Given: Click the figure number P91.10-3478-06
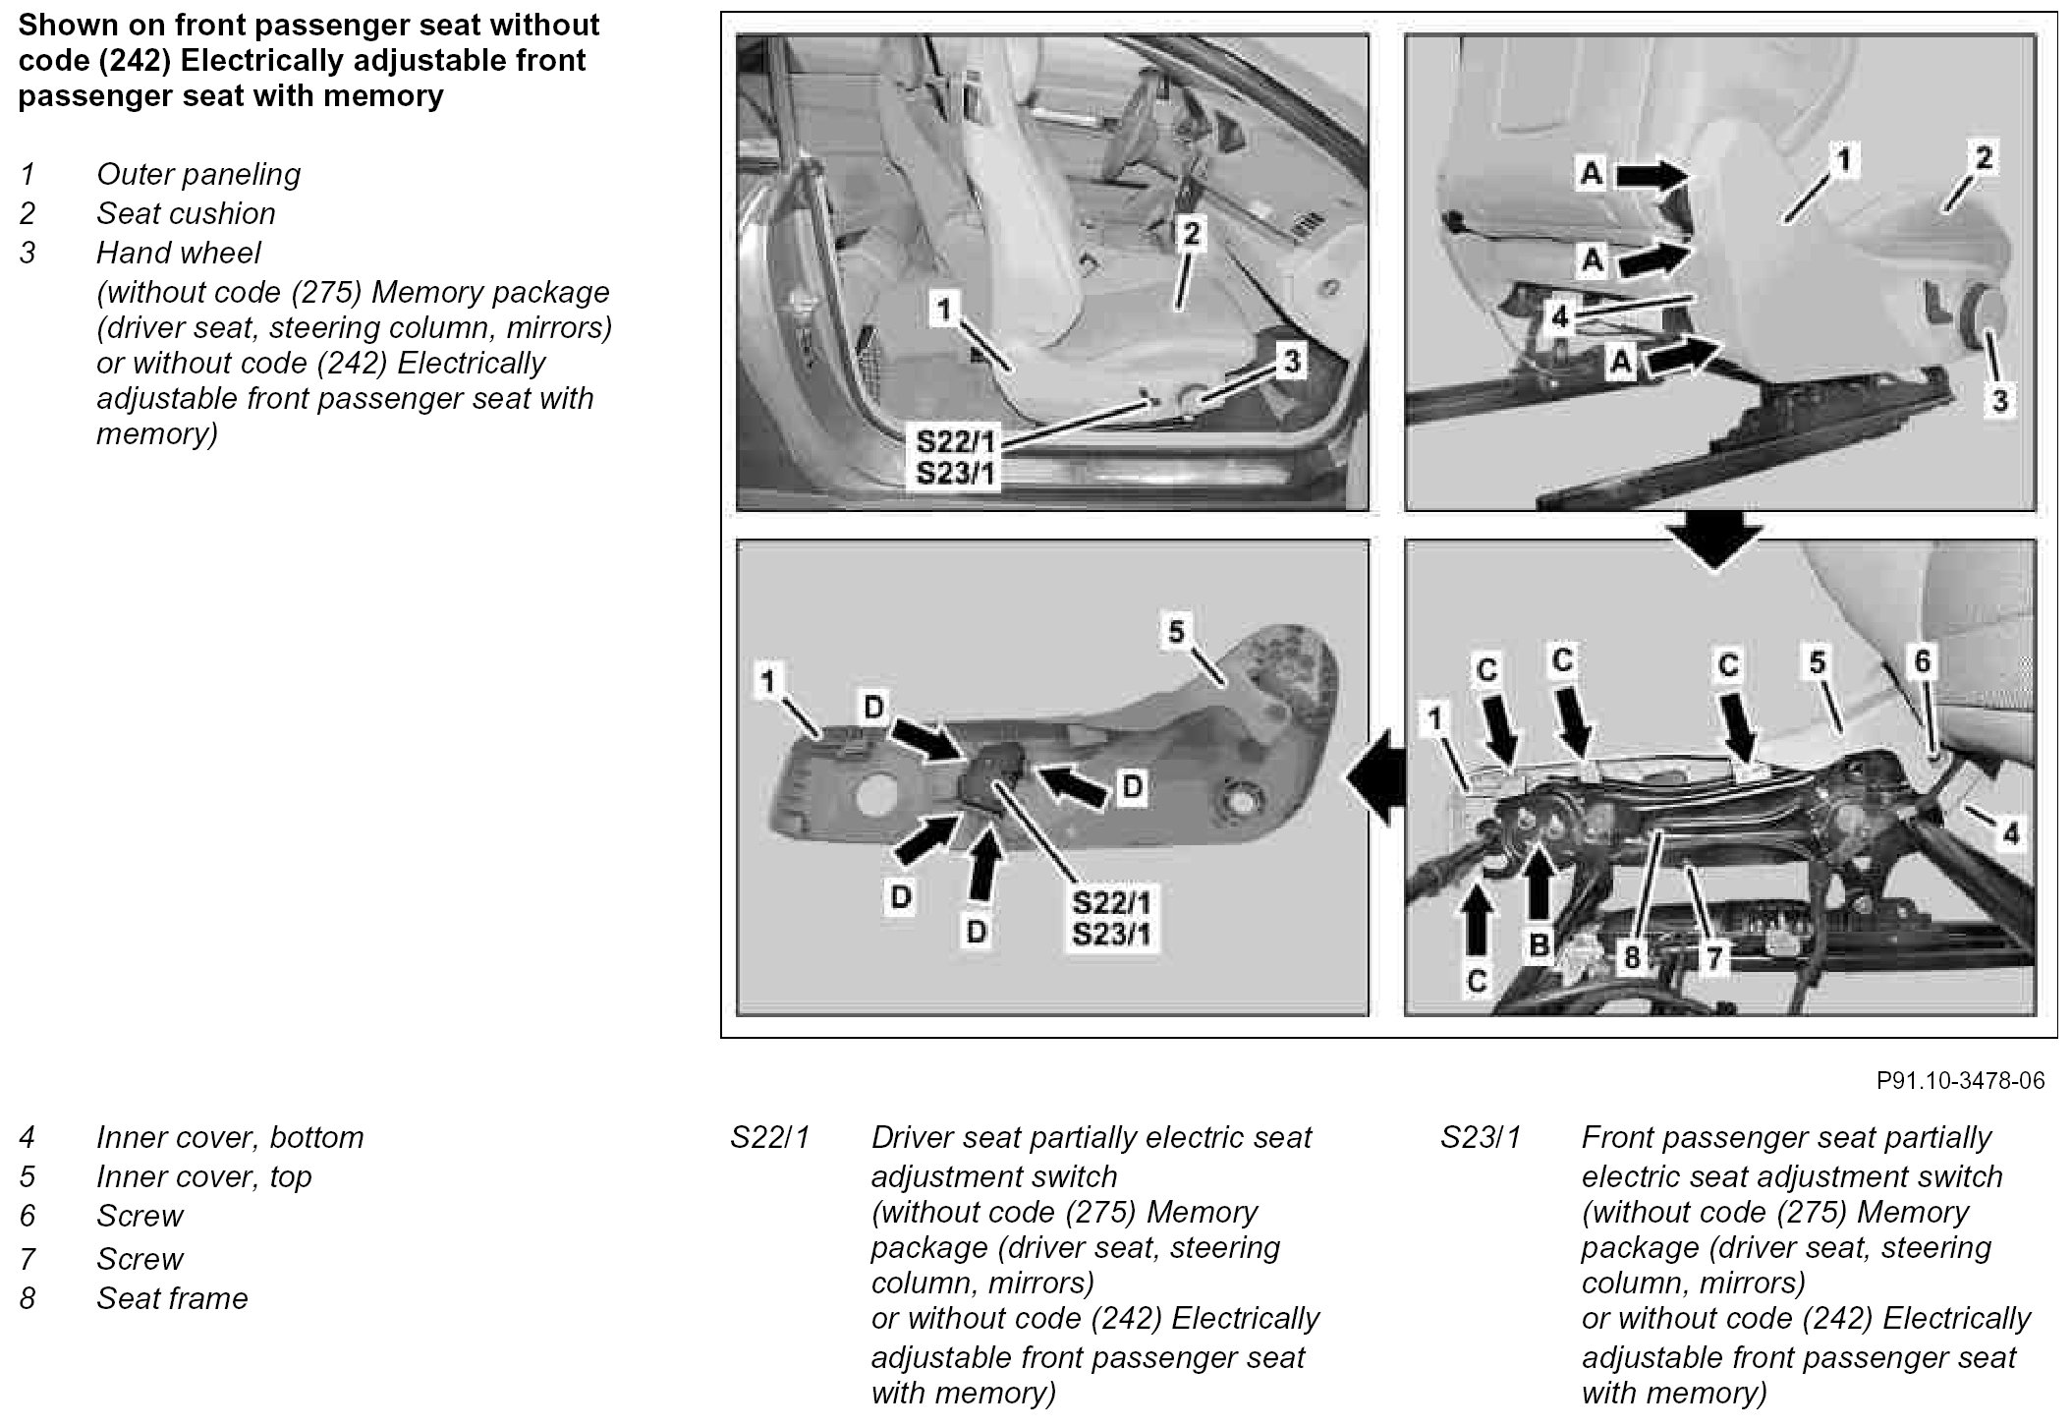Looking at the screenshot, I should pos(1960,1081).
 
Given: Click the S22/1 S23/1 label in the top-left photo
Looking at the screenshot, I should pos(955,458).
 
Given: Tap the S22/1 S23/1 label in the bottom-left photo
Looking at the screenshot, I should pos(1111,917).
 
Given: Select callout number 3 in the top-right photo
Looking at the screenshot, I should pos(1999,400).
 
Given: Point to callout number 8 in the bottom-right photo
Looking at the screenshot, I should pos(1632,956).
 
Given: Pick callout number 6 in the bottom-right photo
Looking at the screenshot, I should pos(1922,661).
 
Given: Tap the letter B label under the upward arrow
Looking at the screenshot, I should pos(1540,945).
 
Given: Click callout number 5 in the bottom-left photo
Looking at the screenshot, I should pos(1176,632).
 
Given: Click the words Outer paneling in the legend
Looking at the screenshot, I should pos(198,174).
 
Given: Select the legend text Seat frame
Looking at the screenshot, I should pos(172,1298).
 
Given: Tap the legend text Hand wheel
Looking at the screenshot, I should pos(178,253).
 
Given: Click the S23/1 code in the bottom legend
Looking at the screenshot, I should pos(1481,1137).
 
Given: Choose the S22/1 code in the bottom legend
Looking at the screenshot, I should pos(769,1137).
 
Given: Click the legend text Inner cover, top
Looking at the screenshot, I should pos(203,1176).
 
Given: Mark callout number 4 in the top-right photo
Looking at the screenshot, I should pos(1561,317).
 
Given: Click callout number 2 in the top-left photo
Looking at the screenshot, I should pos(1191,234).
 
